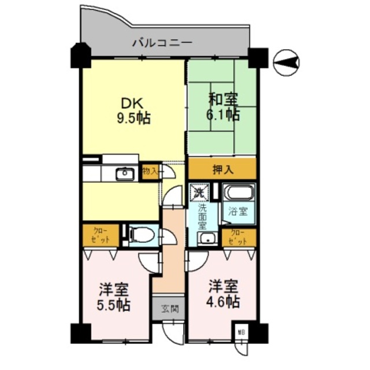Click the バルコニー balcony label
pos(161,42)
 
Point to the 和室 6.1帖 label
pos(223,106)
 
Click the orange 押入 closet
pos(222,169)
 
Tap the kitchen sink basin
pos(124,173)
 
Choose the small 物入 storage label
pos(150,171)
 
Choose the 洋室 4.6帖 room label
pos(223,294)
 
